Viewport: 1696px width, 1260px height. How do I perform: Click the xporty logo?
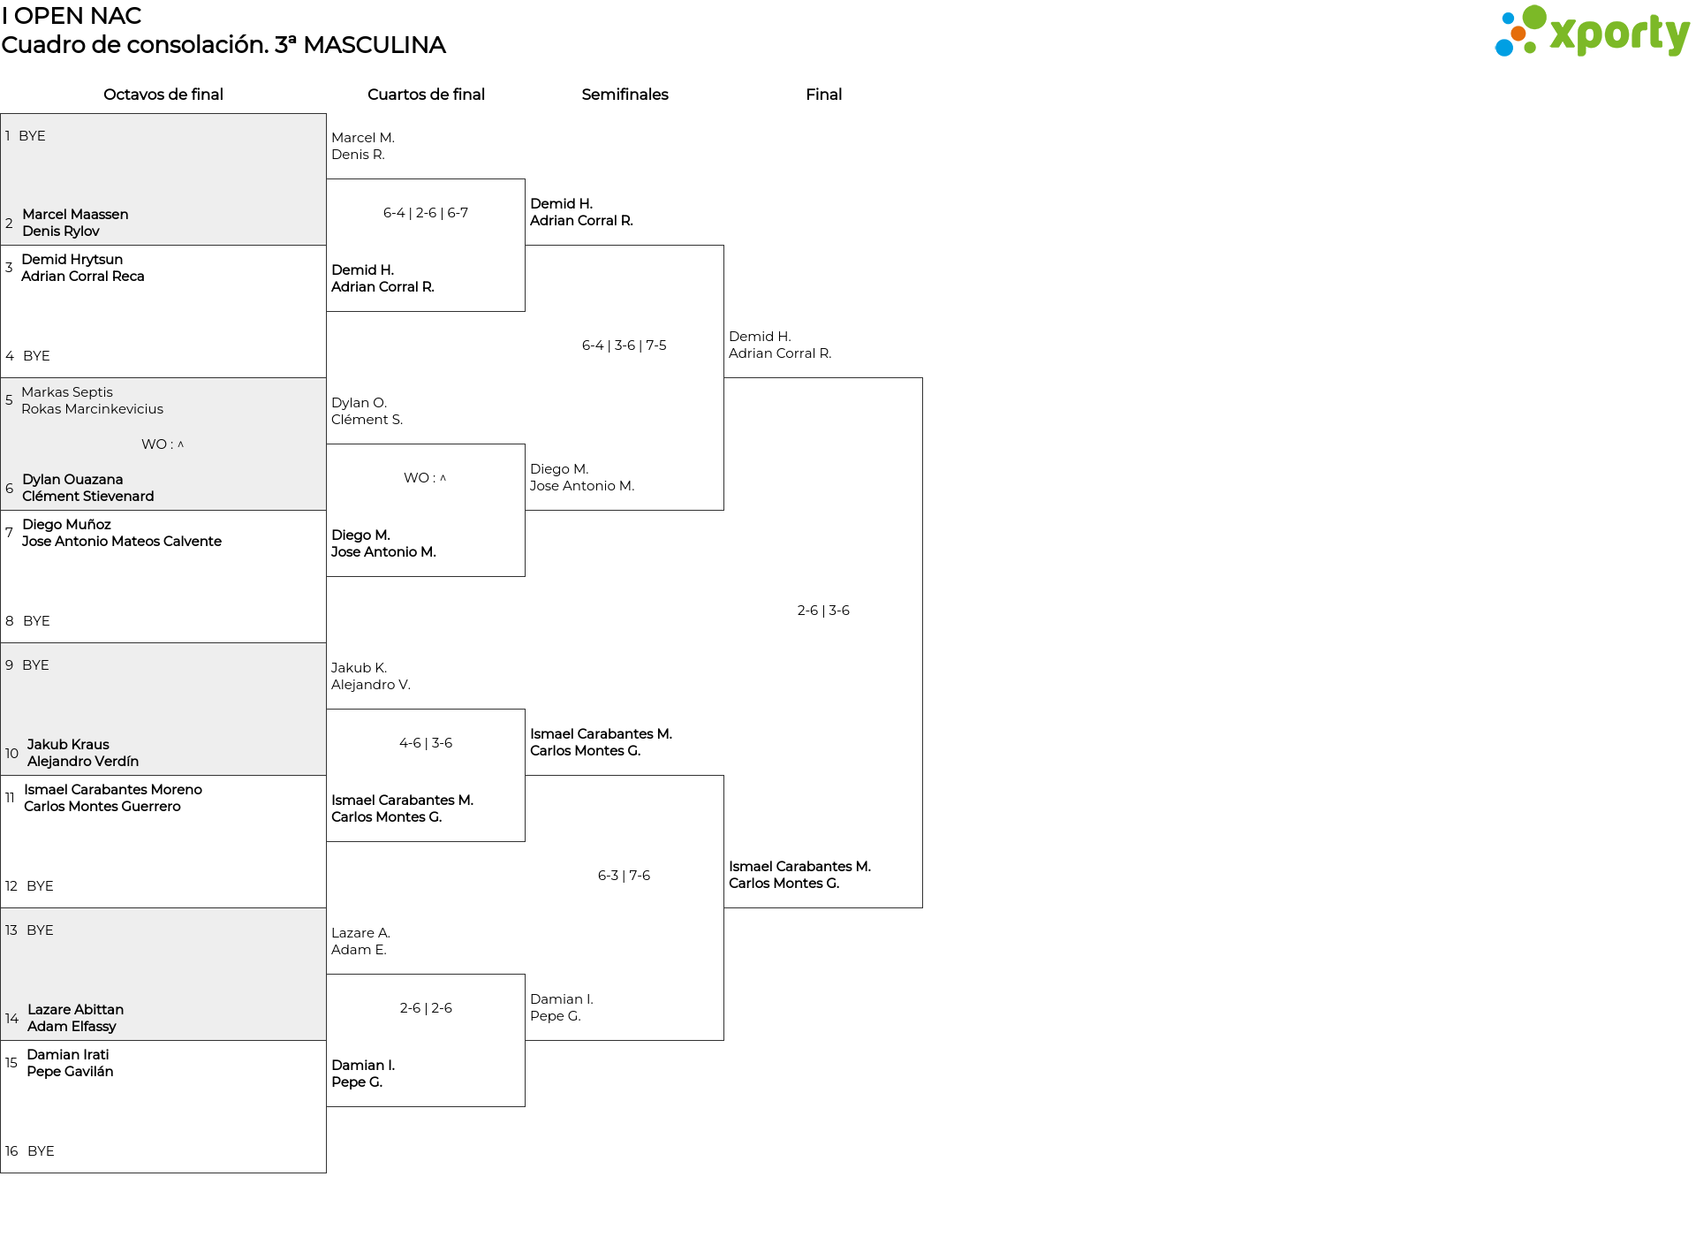(x=1592, y=32)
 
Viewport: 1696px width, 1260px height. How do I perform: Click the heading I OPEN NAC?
(x=72, y=16)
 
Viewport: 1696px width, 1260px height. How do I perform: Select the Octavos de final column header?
(x=163, y=95)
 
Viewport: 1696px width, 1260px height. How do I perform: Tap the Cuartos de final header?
(x=426, y=95)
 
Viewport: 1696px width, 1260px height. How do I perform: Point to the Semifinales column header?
(x=625, y=95)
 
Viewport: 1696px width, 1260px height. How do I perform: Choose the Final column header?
(x=823, y=95)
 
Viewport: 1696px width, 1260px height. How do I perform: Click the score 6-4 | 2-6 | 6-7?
(x=426, y=213)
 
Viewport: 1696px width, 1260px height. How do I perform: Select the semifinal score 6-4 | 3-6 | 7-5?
(x=625, y=345)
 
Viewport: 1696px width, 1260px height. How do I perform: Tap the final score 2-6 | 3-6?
(x=823, y=611)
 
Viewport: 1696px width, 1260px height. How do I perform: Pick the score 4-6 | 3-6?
(x=426, y=743)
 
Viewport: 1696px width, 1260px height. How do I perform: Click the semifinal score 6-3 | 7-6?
(x=625, y=876)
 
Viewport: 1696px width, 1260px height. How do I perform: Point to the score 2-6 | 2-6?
(x=426, y=1008)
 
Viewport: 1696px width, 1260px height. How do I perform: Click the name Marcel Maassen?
(x=75, y=215)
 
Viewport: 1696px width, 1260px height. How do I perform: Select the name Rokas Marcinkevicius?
(x=93, y=409)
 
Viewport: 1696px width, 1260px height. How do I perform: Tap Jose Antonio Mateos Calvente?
(x=122, y=542)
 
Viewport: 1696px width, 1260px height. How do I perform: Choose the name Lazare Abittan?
(x=75, y=1010)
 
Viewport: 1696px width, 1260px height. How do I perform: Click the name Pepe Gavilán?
(x=70, y=1072)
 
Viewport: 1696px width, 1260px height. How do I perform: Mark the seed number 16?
(x=11, y=1151)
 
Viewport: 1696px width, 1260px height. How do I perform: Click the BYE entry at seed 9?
(x=35, y=665)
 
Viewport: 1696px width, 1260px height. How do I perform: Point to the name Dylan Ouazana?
(x=72, y=480)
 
